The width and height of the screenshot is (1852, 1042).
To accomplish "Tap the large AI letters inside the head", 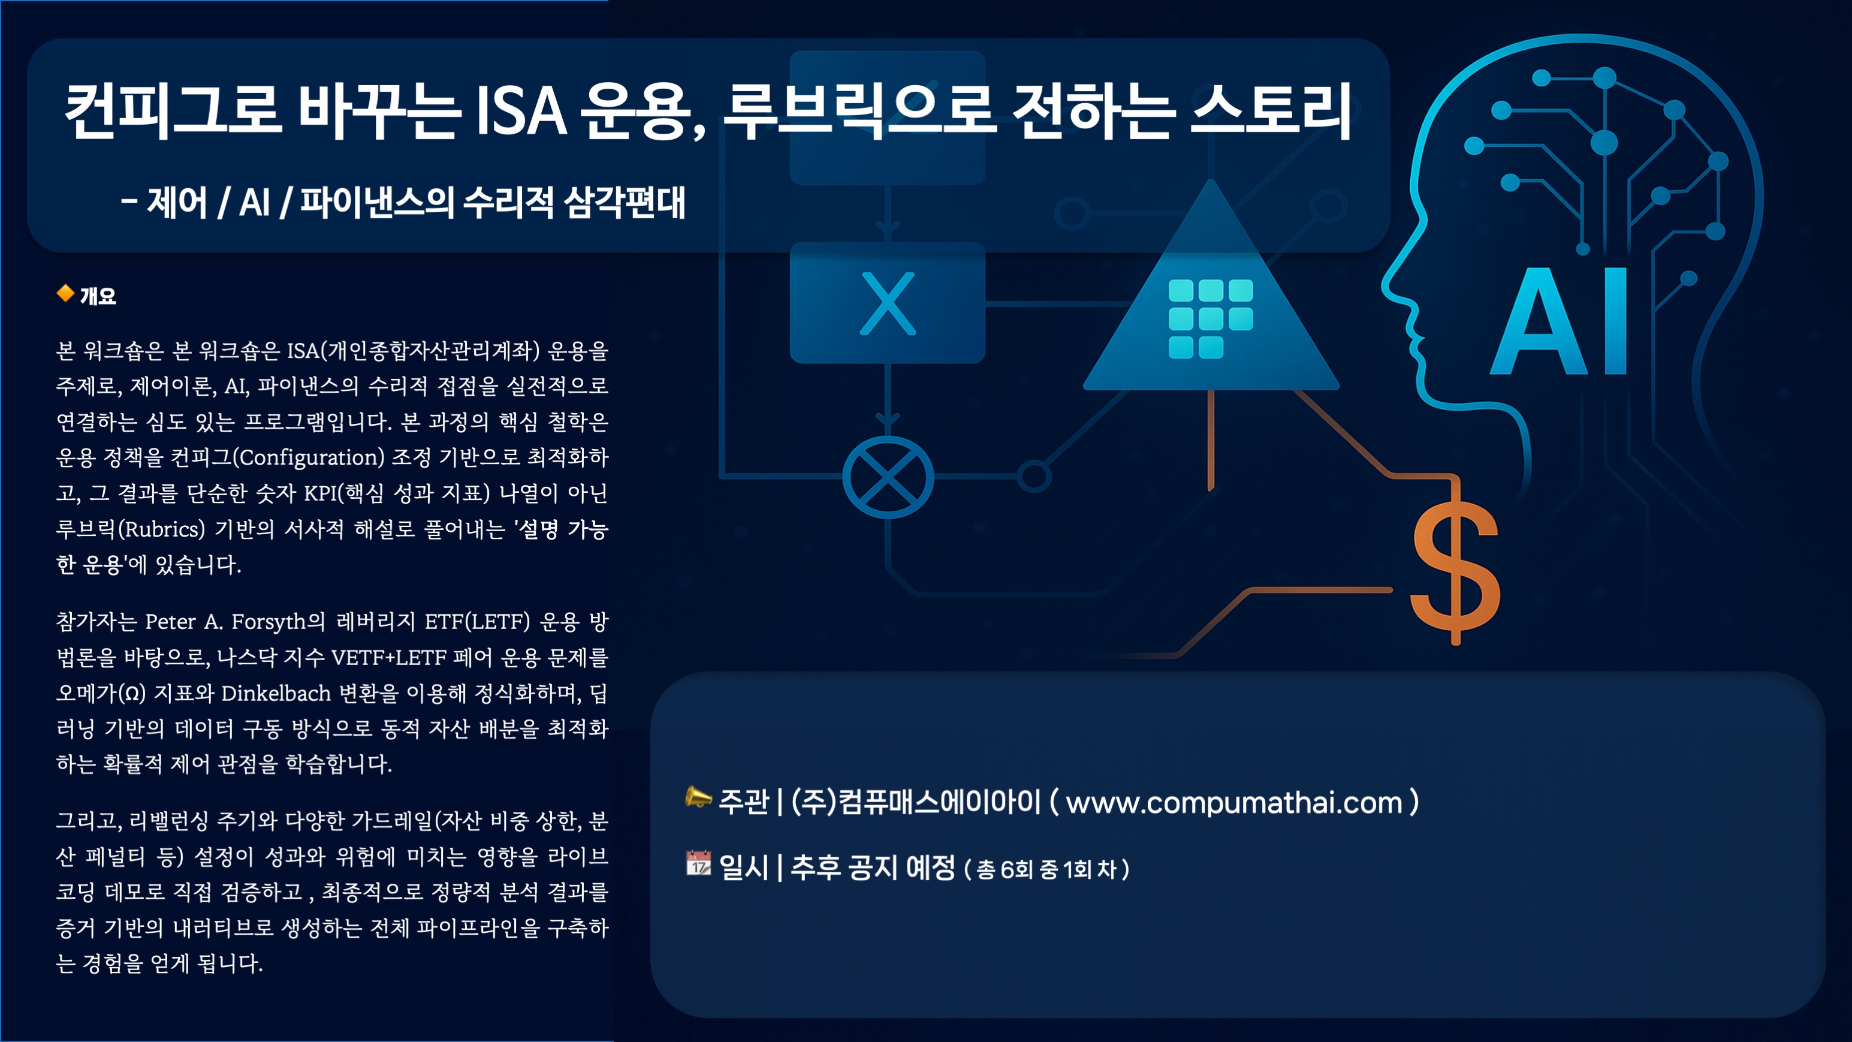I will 1559,321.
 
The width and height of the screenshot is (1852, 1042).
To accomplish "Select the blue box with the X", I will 887,303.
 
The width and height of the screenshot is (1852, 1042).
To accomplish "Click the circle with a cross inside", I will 888,477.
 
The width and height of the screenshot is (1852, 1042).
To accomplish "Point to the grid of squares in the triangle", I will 1211,318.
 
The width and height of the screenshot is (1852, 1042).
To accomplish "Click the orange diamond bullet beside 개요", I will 65,293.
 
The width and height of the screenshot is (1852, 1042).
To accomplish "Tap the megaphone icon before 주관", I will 698,797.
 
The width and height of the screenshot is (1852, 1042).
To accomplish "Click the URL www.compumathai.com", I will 1233,803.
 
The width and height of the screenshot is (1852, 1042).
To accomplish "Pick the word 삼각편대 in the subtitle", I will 624,202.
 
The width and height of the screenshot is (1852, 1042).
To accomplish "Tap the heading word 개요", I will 98,296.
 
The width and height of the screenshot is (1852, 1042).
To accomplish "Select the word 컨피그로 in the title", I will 173,112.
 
